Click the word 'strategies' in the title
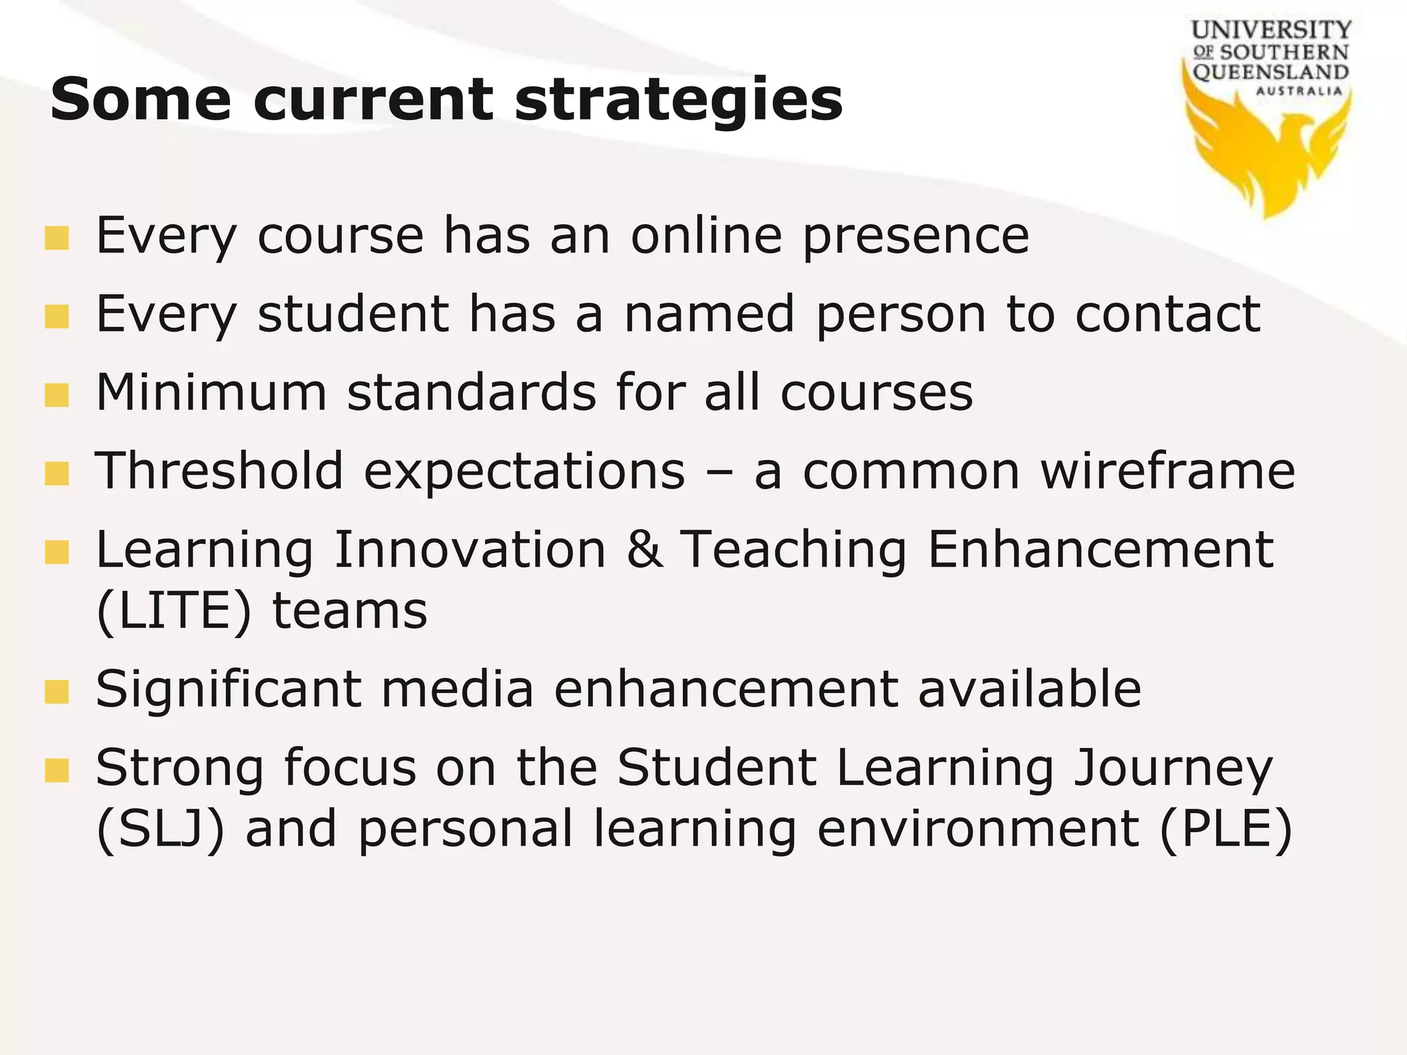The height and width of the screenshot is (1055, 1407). [678, 100]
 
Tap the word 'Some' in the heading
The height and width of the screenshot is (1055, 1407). [141, 100]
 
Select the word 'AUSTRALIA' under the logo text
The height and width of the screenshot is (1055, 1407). [1298, 91]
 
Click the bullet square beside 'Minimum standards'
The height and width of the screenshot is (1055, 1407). [57, 395]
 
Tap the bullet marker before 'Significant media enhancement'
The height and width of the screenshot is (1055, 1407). [57, 692]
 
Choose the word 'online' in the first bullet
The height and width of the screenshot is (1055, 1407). [706, 236]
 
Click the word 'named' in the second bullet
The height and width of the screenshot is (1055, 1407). [709, 315]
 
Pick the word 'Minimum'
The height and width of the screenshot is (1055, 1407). [211, 393]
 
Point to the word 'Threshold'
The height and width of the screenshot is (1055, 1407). [219, 471]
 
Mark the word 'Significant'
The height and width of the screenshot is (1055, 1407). [228, 690]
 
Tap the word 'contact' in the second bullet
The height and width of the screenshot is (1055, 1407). [1167, 315]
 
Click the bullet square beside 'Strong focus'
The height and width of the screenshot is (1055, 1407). [57, 770]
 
